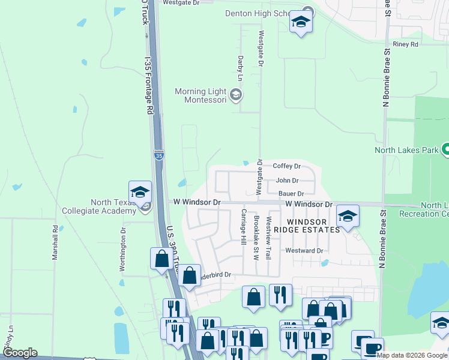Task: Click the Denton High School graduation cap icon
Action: (300, 23)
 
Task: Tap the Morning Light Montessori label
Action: (200, 95)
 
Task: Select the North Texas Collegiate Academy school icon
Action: (140, 193)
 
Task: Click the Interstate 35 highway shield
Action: (158, 155)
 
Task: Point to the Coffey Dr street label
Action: (286, 166)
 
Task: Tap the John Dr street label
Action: (287, 180)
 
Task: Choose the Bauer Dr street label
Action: (292, 194)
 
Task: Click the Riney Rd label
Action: (405, 44)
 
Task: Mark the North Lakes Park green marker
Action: (446, 149)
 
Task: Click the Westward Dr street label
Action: (304, 251)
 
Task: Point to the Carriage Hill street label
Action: (244, 227)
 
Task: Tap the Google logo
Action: (19, 353)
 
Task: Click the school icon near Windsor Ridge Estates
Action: (347, 216)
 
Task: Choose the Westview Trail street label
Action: (268, 237)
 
